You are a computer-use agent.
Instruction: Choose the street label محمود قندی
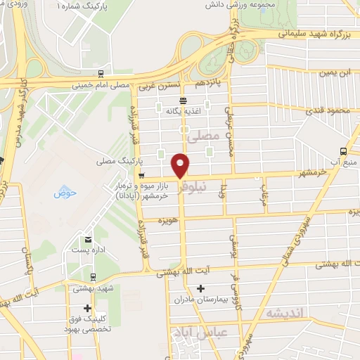click(x=326, y=110)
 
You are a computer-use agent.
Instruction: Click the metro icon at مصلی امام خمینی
click(x=103, y=73)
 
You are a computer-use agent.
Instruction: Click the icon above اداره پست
click(x=88, y=239)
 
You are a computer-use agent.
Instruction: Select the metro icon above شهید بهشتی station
click(x=94, y=276)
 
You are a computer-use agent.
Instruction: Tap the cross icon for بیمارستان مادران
click(x=201, y=288)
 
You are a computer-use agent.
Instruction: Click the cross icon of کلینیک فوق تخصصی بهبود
click(x=87, y=308)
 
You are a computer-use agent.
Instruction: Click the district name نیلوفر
click(x=191, y=188)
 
